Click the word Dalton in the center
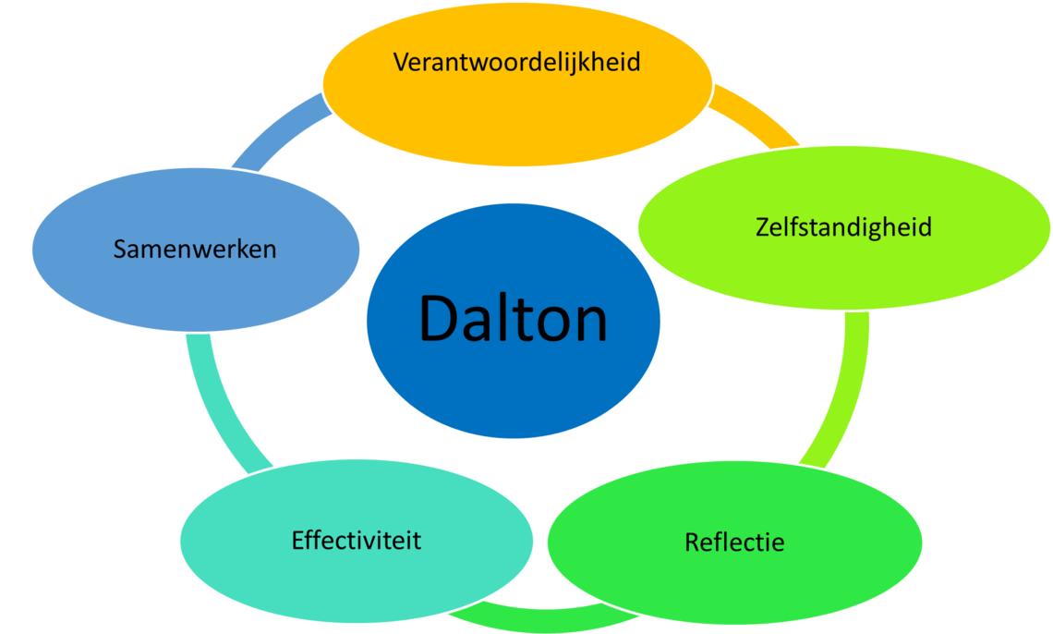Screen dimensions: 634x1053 tap(514, 320)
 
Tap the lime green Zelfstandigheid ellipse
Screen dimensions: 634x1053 tap(842, 268)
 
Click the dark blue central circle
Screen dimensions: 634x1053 tap(514, 388)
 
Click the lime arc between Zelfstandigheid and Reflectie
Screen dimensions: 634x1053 tap(845, 388)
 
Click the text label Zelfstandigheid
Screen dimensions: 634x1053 tap(842, 226)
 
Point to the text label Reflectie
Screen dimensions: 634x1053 tap(734, 542)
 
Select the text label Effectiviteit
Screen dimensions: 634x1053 tap(357, 540)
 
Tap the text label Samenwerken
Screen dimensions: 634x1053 tap(195, 250)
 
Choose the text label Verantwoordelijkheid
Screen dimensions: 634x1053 tap(517, 62)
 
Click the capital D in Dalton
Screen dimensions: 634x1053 tap(439, 320)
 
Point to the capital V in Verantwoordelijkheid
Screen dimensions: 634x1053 tap(401, 62)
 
